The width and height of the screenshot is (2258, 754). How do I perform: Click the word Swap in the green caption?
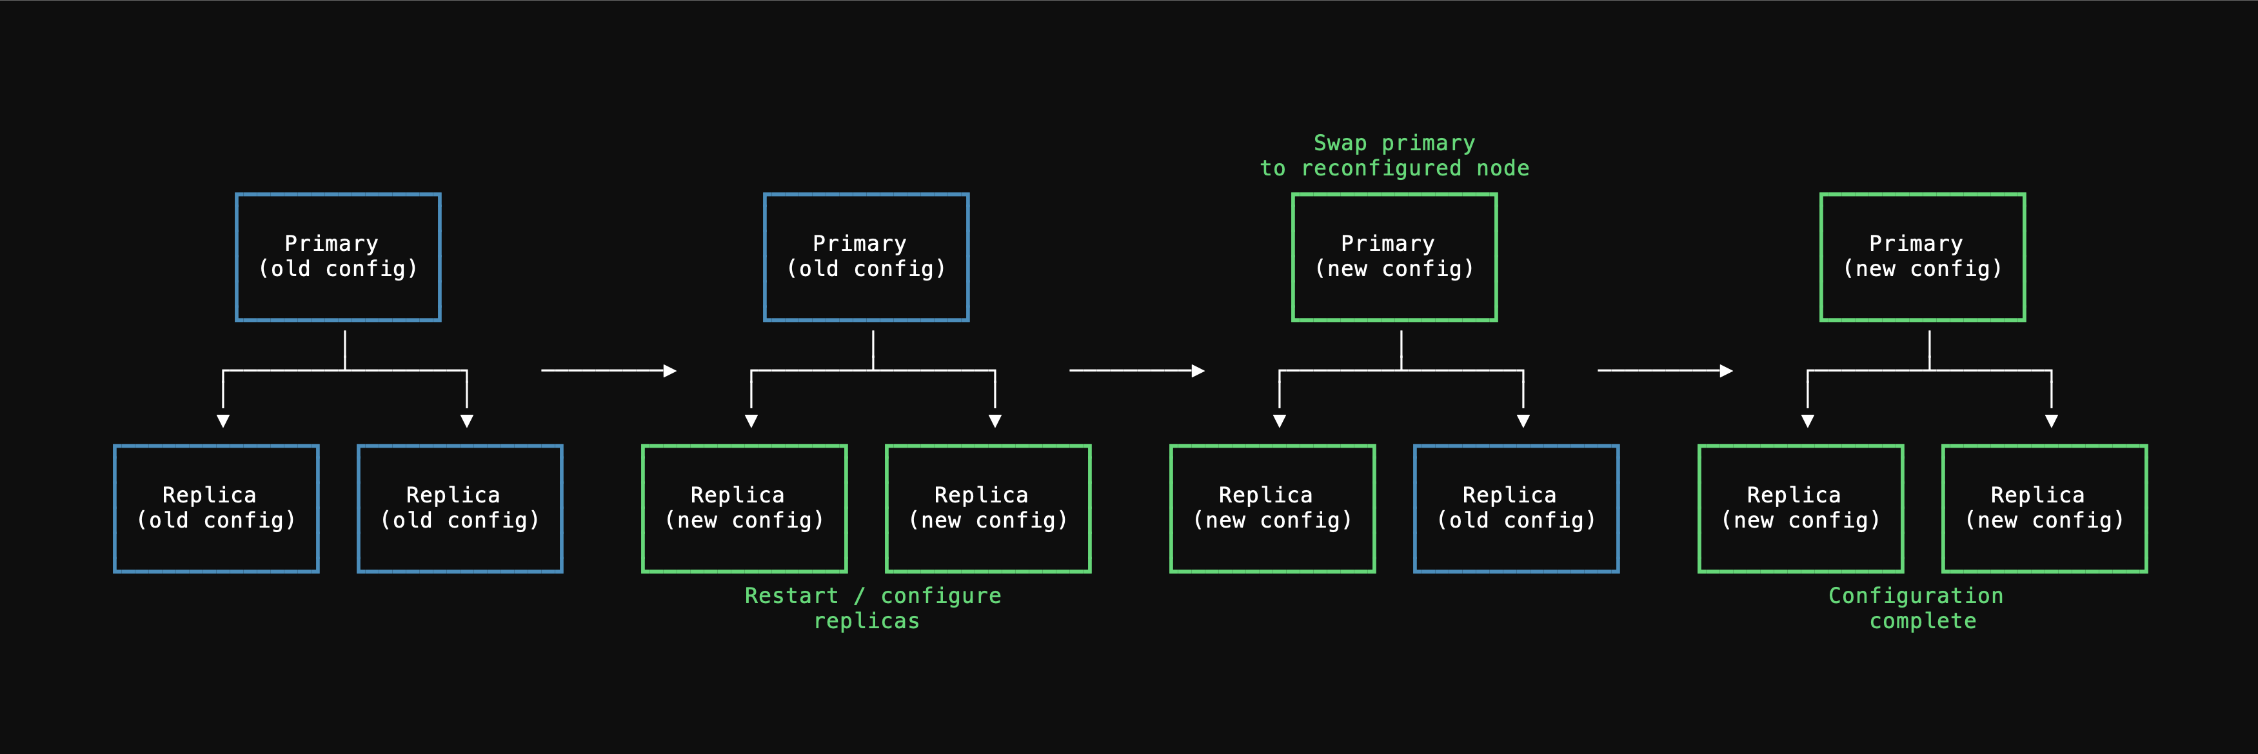(x=1340, y=143)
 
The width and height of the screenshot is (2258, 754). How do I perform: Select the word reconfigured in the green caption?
(x=1381, y=168)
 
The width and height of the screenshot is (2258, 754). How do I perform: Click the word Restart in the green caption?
(x=791, y=596)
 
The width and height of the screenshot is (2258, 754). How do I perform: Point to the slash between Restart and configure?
(x=860, y=596)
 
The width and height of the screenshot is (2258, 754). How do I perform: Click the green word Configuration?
(x=1916, y=596)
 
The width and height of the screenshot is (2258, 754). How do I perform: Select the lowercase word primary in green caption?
(x=1428, y=143)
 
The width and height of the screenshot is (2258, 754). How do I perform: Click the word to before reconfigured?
(x=1273, y=168)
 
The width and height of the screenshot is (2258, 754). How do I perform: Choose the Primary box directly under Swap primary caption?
(x=1394, y=257)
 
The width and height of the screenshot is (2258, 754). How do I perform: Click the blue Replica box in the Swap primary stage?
(x=1516, y=508)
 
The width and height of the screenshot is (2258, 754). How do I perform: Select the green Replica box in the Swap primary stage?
(x=1272, y=508)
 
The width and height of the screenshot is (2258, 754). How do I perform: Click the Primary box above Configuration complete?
(x=1922, y=257)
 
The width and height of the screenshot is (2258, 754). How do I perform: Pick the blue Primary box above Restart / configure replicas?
(x=866, y=257)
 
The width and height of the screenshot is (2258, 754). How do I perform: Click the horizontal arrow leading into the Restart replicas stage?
(x=608, y=371)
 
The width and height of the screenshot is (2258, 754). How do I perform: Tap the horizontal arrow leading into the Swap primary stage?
(x=1136, y=371)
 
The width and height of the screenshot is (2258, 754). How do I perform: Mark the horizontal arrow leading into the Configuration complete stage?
(x=1665, y=371)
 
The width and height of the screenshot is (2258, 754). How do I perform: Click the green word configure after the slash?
(x=940, y=596)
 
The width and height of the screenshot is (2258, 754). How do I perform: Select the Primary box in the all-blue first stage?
(x=337, y=257)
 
